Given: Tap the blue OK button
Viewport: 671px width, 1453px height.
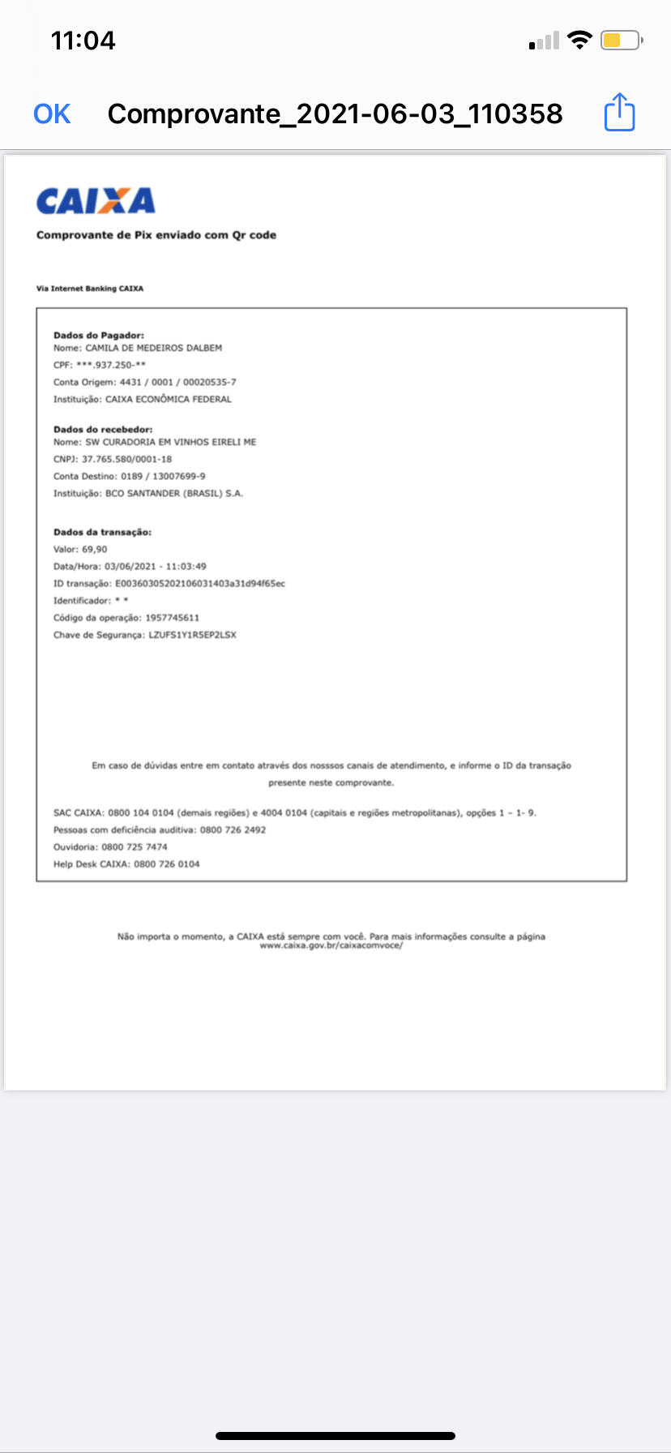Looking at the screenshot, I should (52, 114).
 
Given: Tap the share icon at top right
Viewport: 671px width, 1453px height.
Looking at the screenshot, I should (620, 113).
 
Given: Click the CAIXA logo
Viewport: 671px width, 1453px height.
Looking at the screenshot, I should (96, 201).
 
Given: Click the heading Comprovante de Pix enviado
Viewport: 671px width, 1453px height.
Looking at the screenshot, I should (156, 235).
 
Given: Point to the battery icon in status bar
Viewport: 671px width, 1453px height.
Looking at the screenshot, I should (621, 41).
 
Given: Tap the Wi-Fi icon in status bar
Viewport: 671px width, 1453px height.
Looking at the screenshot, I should (579, 40).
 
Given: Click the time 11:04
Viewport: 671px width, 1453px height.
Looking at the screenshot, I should (83, 41).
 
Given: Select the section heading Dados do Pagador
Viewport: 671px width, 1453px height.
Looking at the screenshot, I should (99, 335).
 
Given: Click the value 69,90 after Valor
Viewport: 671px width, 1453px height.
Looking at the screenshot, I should (95, 550).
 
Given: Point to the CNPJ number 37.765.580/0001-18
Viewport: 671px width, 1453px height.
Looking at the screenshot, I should (126, 459).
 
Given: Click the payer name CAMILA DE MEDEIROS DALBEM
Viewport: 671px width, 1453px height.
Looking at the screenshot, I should (154, 348).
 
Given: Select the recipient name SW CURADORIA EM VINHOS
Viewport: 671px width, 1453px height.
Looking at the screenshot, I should (170, 443).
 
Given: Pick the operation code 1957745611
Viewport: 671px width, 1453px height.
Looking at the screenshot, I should (172, 618).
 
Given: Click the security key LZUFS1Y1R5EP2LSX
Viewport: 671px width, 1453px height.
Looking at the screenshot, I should (192, 635).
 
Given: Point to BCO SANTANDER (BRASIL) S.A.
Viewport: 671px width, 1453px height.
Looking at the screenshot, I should (174, 493).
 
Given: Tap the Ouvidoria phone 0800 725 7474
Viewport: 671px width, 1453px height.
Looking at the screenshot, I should (135, 847).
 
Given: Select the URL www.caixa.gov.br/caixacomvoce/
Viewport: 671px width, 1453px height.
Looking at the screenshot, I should (331, 946).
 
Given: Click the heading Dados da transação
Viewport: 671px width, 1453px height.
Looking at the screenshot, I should (103, 533).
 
